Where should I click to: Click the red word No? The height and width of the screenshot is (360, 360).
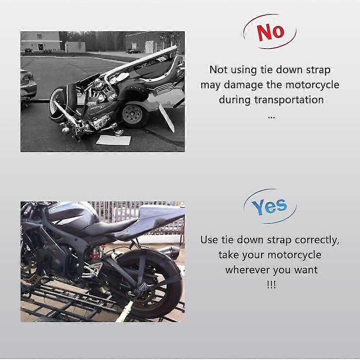270,32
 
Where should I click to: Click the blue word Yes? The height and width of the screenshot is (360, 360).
269,206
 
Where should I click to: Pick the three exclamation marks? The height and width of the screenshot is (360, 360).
271,285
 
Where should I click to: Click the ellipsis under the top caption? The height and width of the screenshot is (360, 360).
271,116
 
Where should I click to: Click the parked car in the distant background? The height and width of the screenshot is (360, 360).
134,51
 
